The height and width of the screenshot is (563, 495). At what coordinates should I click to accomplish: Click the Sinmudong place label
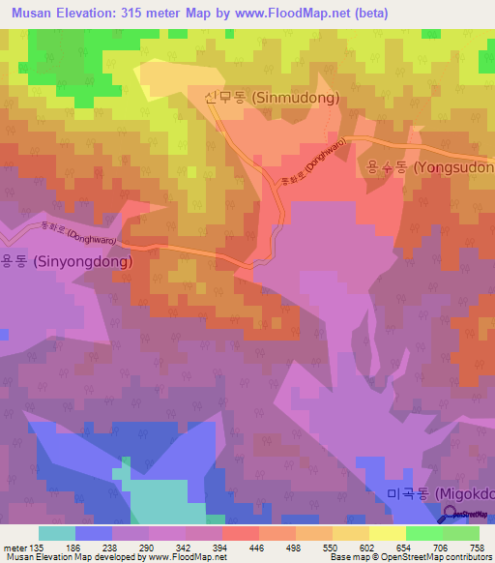coord(272,98)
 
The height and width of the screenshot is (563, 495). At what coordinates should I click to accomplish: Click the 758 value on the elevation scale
coord(478,547)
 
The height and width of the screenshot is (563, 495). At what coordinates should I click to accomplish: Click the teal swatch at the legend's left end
coord(57,533)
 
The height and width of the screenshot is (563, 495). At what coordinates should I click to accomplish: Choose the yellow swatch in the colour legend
coord(387,533)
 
